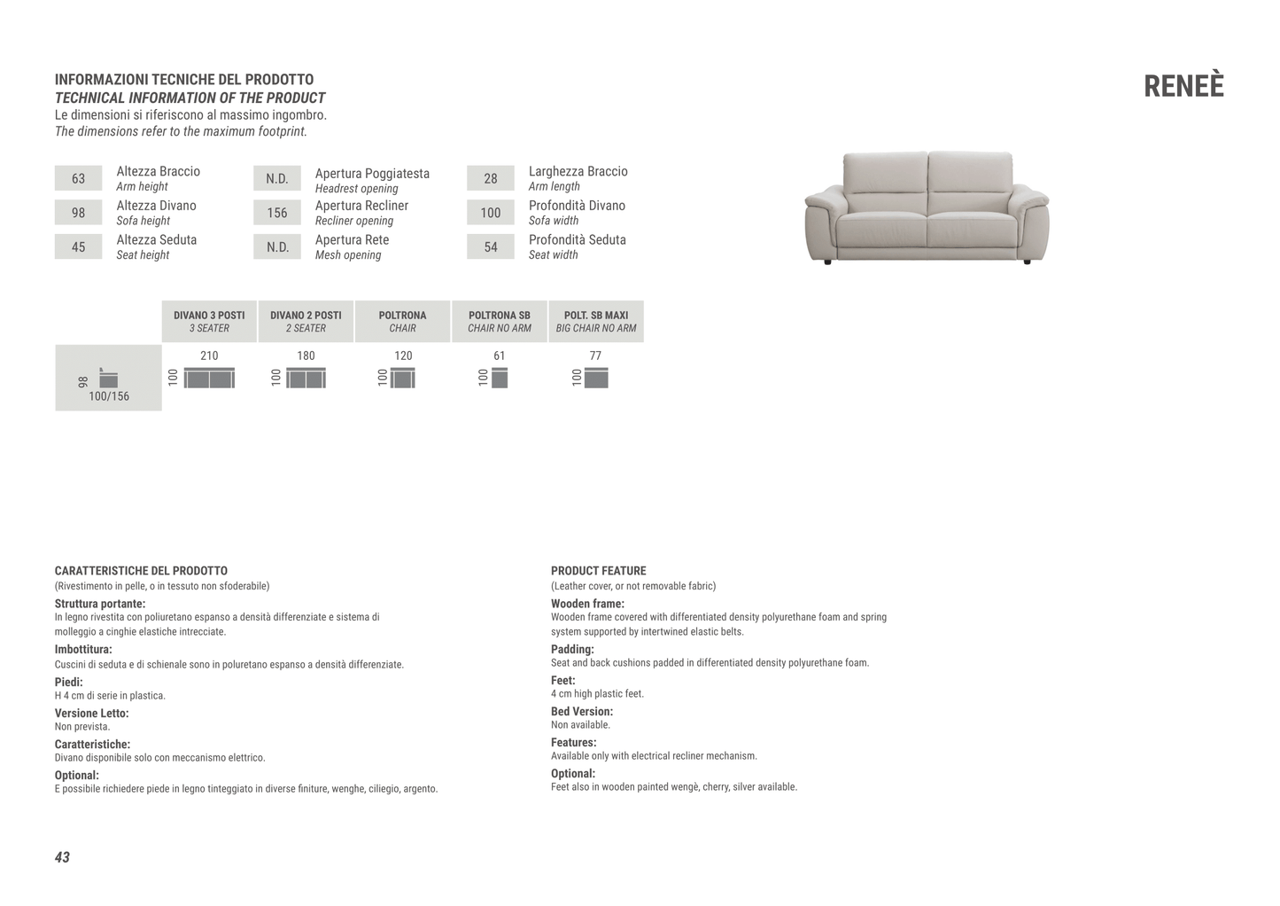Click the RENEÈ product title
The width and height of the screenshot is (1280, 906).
[x=1183, y=86]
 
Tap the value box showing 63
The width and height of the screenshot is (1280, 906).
[x=78, y=178]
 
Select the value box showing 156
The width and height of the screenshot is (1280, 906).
[x=277, y=213]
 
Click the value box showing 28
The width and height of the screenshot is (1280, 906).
[x=490, y=178]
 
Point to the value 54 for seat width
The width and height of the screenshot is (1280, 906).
[x=490, y=247]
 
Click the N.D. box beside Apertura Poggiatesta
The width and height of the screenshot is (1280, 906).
[x=277, y=178]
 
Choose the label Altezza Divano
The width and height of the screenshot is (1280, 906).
[x=156, y=206]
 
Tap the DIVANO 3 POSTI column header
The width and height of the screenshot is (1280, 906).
[x=209, y=321]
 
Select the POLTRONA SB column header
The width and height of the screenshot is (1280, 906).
[x=500, y=321]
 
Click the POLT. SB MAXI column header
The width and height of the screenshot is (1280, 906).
[x=596, y=321]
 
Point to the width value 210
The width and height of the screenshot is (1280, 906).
[x=209, y=355]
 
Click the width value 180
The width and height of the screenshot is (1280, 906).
[x=306, y=355]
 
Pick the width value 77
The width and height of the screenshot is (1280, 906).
[x=595, y=355]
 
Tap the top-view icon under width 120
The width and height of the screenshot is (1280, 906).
[x=402, y=379]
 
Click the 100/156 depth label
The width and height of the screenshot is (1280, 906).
[x=109, y=396]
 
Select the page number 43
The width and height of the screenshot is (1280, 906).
[x=62, y=857]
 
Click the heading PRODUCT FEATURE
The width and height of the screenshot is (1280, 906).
[x=598, y=571]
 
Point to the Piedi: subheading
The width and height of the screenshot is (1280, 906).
[x=68, y=682]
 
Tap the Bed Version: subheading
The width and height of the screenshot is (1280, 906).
[x=581, y=711]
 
